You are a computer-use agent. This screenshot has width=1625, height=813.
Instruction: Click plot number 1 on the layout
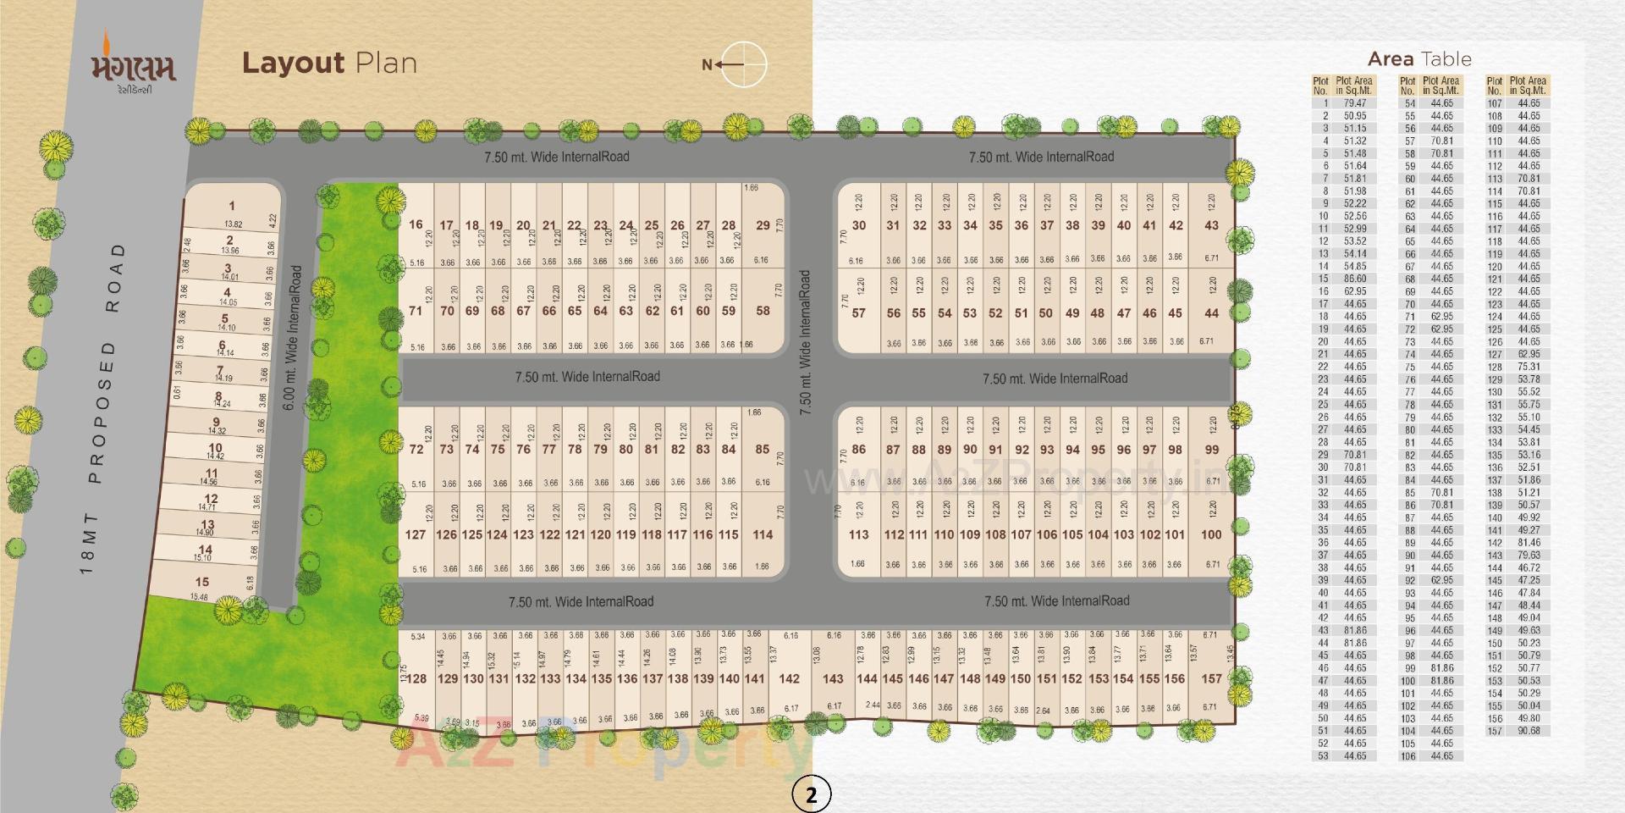(x=232, y=206)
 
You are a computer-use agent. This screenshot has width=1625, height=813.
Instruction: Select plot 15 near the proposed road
(x=201, y=582)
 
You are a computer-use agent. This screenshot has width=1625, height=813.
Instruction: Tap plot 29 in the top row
(x=763, y=225)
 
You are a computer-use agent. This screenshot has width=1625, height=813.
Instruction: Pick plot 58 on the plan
(x=763, y=311)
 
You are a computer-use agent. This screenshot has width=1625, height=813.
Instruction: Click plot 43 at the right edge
(x=1211, y=225)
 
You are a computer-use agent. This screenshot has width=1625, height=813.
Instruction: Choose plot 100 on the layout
(x=1211, y=534)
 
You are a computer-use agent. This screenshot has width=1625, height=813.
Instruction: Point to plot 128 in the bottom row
(x=417, y=678)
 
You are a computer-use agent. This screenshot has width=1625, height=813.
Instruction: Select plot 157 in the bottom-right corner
(x=1212, y=678)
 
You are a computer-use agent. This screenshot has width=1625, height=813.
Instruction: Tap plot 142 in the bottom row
(x=789, y=678)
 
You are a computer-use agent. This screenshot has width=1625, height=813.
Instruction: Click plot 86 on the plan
(x=858, y=450)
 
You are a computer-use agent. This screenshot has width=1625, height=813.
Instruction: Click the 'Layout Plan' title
(x=329, y=64)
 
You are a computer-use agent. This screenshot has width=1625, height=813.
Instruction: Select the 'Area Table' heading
(x=1419, y=59)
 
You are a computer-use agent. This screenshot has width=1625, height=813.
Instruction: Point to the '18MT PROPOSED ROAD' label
(x=102, y=406)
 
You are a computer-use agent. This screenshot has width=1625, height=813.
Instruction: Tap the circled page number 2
(x=811, y=794)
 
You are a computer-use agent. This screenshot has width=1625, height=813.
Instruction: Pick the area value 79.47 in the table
(x=1354, y=103)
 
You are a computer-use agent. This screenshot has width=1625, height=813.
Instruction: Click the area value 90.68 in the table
(x=1529, y=731)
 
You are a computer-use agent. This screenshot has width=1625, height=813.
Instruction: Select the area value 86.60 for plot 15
(x=1354, y=279)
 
